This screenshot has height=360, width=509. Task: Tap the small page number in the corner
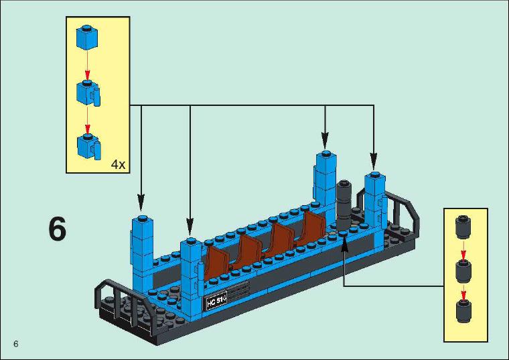coord(16,344)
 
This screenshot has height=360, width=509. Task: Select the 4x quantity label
coord(118,165)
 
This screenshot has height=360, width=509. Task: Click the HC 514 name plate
coord(216,302)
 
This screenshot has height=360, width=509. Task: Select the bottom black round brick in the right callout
coord(464,312)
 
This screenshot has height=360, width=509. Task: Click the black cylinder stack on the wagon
coord(344,205)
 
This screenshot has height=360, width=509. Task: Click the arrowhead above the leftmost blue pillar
coord(141,202)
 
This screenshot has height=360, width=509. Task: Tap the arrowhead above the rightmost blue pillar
coord(374,161)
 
